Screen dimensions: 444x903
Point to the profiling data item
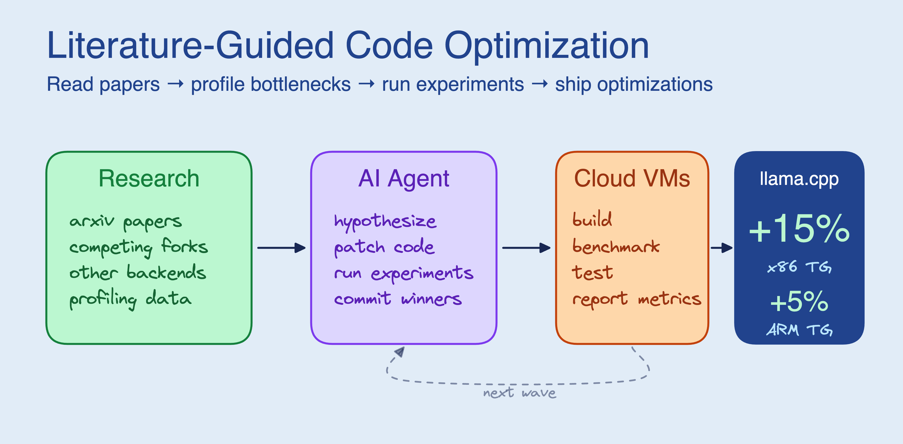[130, 299]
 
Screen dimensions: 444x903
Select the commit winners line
[398, 299]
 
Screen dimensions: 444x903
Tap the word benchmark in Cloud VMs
[615, 246]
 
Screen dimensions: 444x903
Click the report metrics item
[636, 299]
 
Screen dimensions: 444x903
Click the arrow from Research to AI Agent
[281, 248]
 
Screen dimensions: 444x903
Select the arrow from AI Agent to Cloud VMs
[526, 248]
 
